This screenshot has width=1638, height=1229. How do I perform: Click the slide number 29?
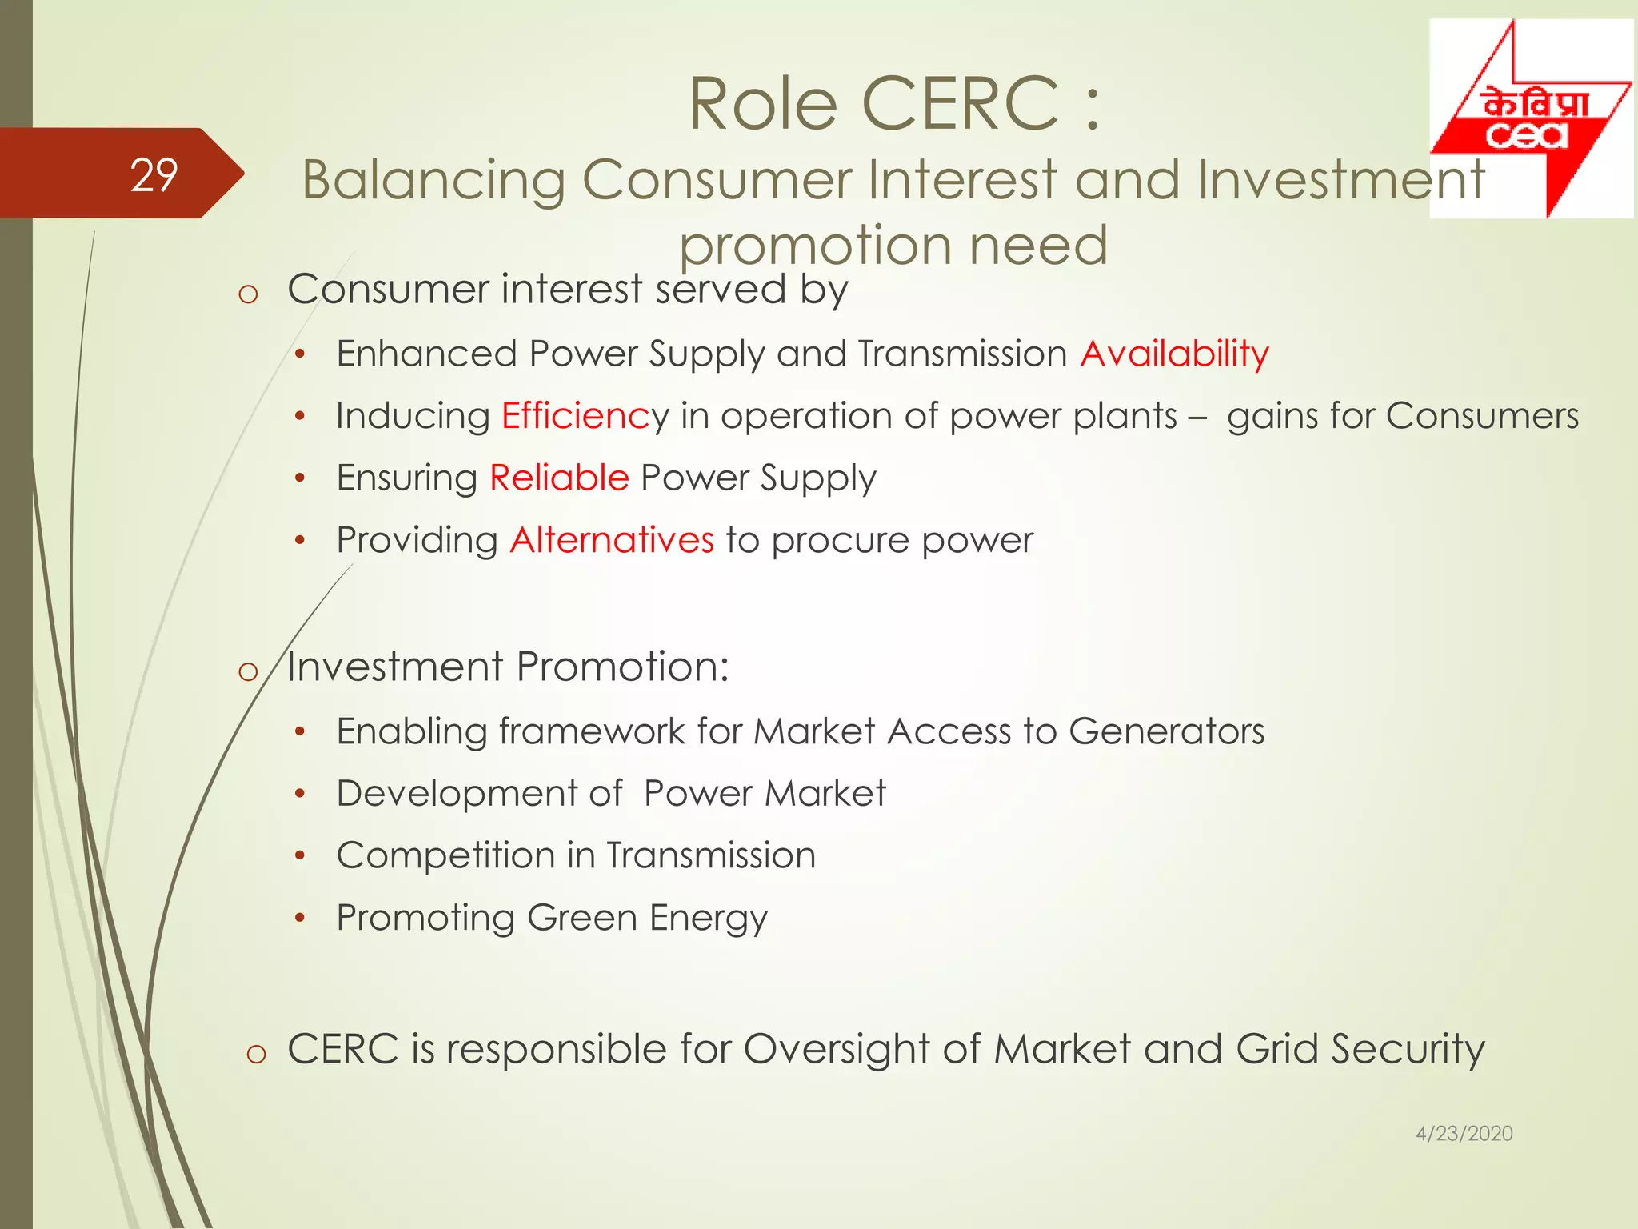click(x=154, y=174)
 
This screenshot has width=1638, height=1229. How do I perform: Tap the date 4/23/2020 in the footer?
click(x=1464, y=1133)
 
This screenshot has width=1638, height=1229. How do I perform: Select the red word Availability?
click(x=1174, y=354)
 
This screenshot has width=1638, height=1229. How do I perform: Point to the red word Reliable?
click(x=559, y=478)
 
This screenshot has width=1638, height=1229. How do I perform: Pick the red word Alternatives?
click(x=612, y=540)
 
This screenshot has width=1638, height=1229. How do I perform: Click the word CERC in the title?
click(x=960, y=104)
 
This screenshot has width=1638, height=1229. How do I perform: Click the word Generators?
click(x=1166, y=731)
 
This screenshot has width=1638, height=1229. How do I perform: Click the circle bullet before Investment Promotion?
click(x=248, y=671)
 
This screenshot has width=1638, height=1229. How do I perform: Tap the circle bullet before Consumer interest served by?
click(x=248, y=294)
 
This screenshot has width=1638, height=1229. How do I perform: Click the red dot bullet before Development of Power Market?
click(x=299, y=794)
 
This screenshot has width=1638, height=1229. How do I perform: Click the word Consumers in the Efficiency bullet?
click(x=1482, y=416)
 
